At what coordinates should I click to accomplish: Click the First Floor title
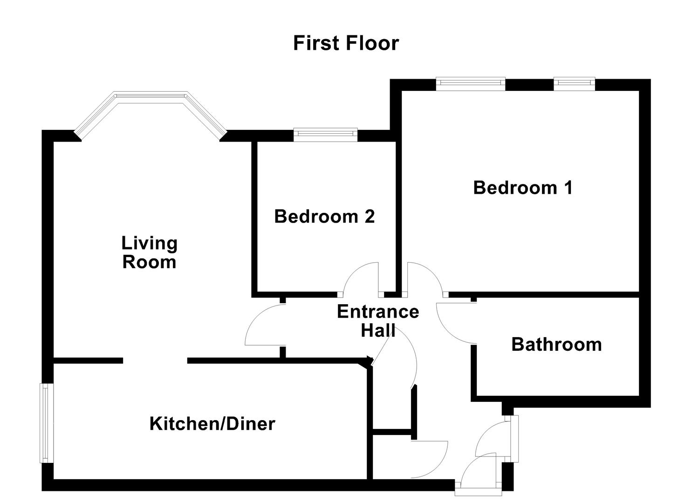point(346,43)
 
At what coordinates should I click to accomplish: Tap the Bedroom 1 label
point(522,188)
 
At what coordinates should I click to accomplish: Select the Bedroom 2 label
point(324,217)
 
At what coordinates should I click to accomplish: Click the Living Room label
point(149,252)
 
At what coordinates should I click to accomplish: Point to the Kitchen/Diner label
point(212,424)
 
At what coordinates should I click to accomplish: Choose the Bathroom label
point(556,345)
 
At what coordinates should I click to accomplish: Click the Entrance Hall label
point(377,321)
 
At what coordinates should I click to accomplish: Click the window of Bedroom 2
point(325,135)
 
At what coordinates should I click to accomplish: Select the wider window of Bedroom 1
point(470,84)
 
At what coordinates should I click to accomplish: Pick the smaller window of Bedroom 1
point(574,84)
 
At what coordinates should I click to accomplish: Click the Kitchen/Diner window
point(45,423)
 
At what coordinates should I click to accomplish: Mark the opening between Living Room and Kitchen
point(155,360)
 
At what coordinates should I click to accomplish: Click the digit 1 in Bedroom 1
point(568,188)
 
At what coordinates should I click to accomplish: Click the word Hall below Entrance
point(378,331)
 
